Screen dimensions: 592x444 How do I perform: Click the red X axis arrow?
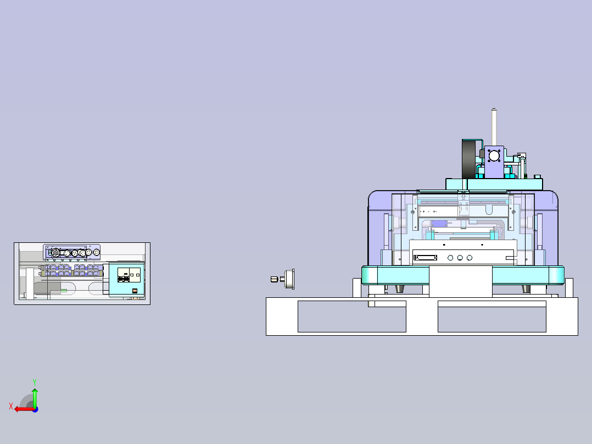24,409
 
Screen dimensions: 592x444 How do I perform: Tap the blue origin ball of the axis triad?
35,409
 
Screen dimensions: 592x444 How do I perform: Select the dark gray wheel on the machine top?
468,159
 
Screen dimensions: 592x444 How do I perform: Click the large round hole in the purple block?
494,156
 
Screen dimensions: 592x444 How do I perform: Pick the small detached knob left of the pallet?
283,279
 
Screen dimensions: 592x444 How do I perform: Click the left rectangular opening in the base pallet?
352,317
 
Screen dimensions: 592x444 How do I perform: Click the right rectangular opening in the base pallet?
492,317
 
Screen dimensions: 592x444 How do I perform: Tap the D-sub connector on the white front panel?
426,258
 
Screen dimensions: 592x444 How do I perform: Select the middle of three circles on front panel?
460,258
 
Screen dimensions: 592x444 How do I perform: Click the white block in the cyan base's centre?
461,281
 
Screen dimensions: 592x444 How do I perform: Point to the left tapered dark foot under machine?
399,288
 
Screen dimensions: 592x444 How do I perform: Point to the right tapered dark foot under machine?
526,288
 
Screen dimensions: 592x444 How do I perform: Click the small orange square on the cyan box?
135,291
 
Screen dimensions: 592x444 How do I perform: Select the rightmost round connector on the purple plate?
96,252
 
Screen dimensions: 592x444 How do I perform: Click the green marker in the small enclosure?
64,291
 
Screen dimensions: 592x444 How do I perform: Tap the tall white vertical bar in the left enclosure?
30,283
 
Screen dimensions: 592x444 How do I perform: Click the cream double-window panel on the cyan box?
129,275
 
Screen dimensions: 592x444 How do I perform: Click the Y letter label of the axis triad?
35,382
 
